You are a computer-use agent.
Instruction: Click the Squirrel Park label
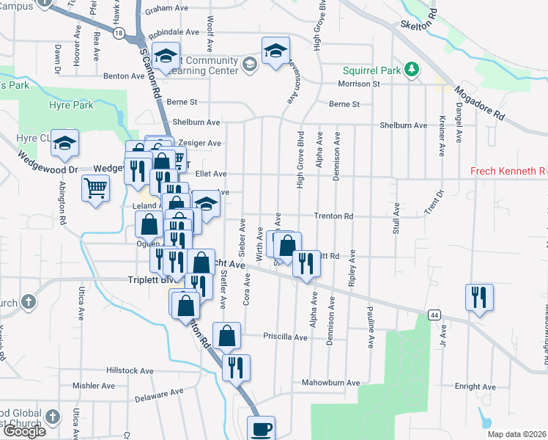(x=374, y=70)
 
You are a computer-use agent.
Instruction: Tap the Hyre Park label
(x=71, y=106)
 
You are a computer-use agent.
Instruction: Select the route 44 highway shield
(x=435, y=315)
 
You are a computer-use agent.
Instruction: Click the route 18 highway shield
(x=119, y=32)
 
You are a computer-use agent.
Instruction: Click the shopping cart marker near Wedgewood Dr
(x=95, y=188)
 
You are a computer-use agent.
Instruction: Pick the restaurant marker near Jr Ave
(x=479, y=298)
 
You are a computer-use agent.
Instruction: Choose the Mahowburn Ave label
(x=332, y=383)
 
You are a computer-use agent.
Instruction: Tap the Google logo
(x=23, y=431)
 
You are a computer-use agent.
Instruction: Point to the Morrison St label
(x=358, y=84)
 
